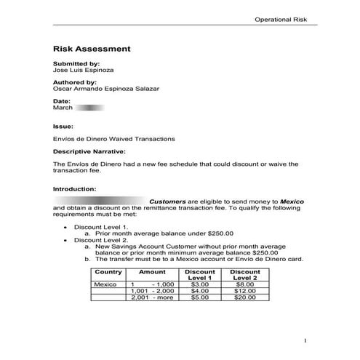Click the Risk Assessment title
pos(92,49)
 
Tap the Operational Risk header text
pos(282,19)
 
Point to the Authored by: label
pos(73,82)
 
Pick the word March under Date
pos(63,108)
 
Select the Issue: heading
pos(63,125)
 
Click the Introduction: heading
pos(75,188)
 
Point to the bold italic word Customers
pos(167,201)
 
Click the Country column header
pos(108,271)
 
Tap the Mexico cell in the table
pos(106,284)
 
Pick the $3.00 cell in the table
pos(199,284)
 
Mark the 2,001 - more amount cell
pos(152,297)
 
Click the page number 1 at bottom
pos(306,340)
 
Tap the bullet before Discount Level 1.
pos(67,227)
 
